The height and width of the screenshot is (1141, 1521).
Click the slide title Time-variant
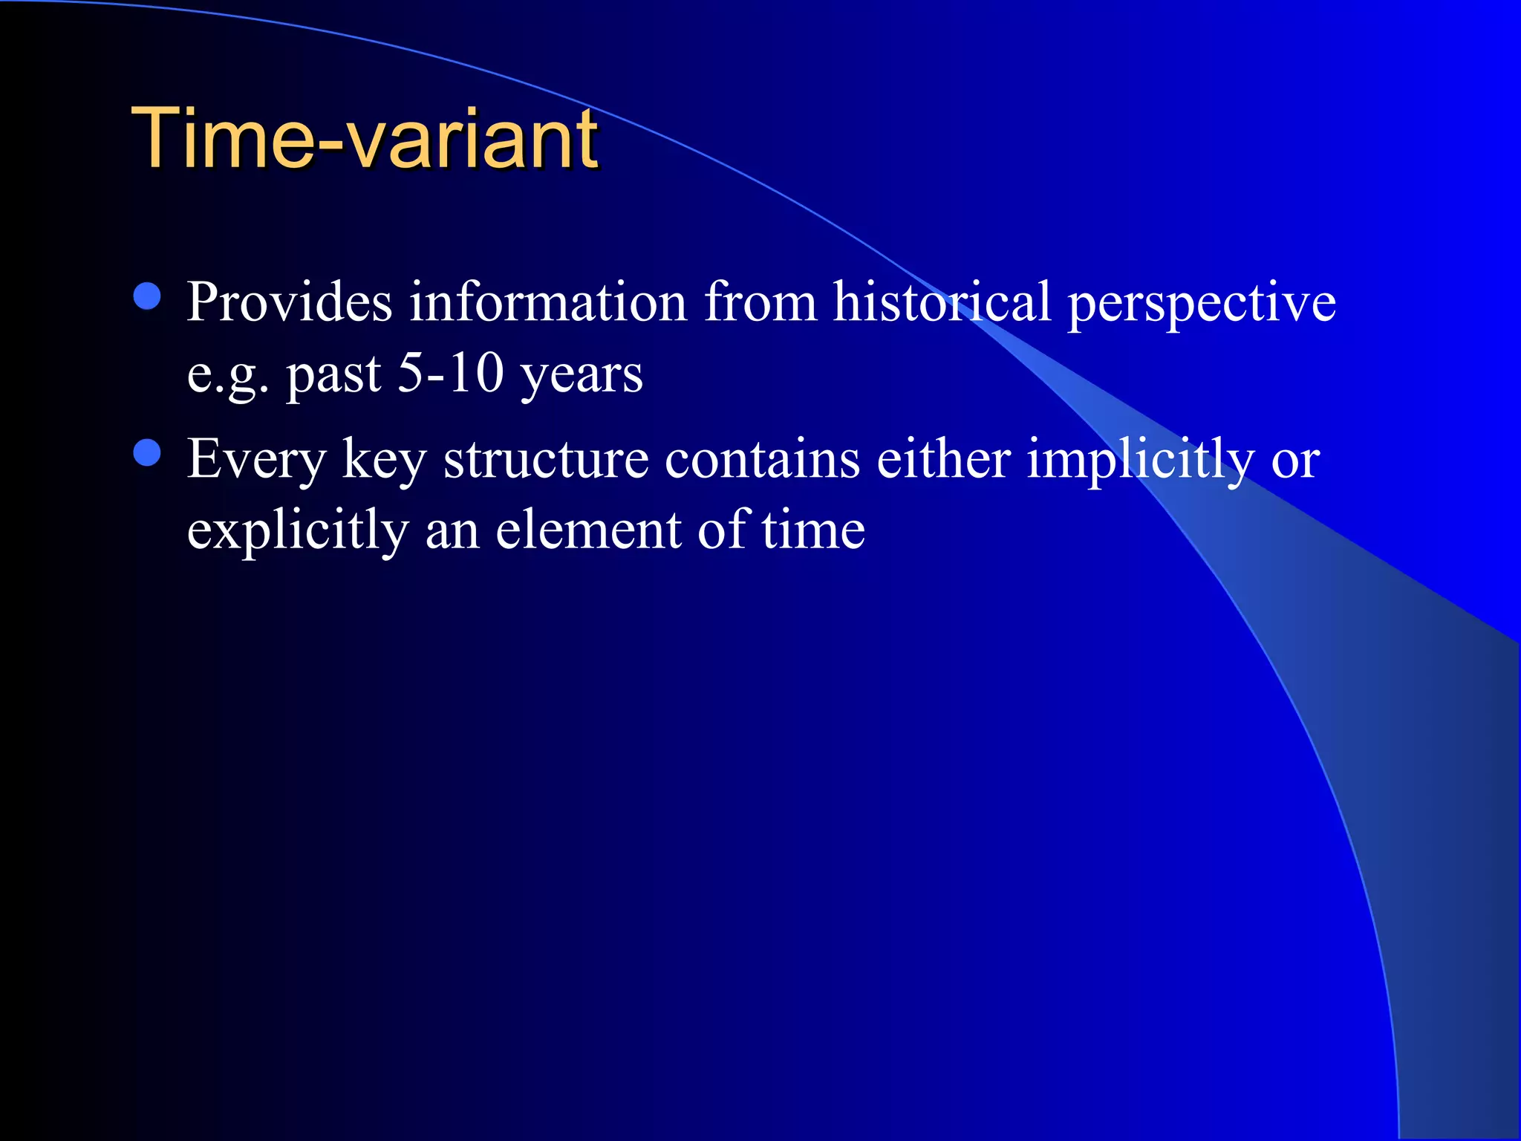pyautogui.click(x=364, y=138)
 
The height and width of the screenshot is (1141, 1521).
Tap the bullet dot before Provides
pyautogui.click(x=148, y=296)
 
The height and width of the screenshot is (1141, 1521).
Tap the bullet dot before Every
pyautogui.click(x=148, y=452)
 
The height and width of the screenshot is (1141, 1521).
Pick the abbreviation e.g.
pyautogui.click(x=227, y=375)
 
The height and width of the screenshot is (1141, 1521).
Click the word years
pyautogui.click(x=581, y=375)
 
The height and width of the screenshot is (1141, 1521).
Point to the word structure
pyautogui.click(x=546, y=459)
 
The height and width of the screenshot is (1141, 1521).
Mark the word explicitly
pyautogui.click(x=297, y=532)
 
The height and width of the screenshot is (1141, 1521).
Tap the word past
pyautogui.click(x=333, y=375)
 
